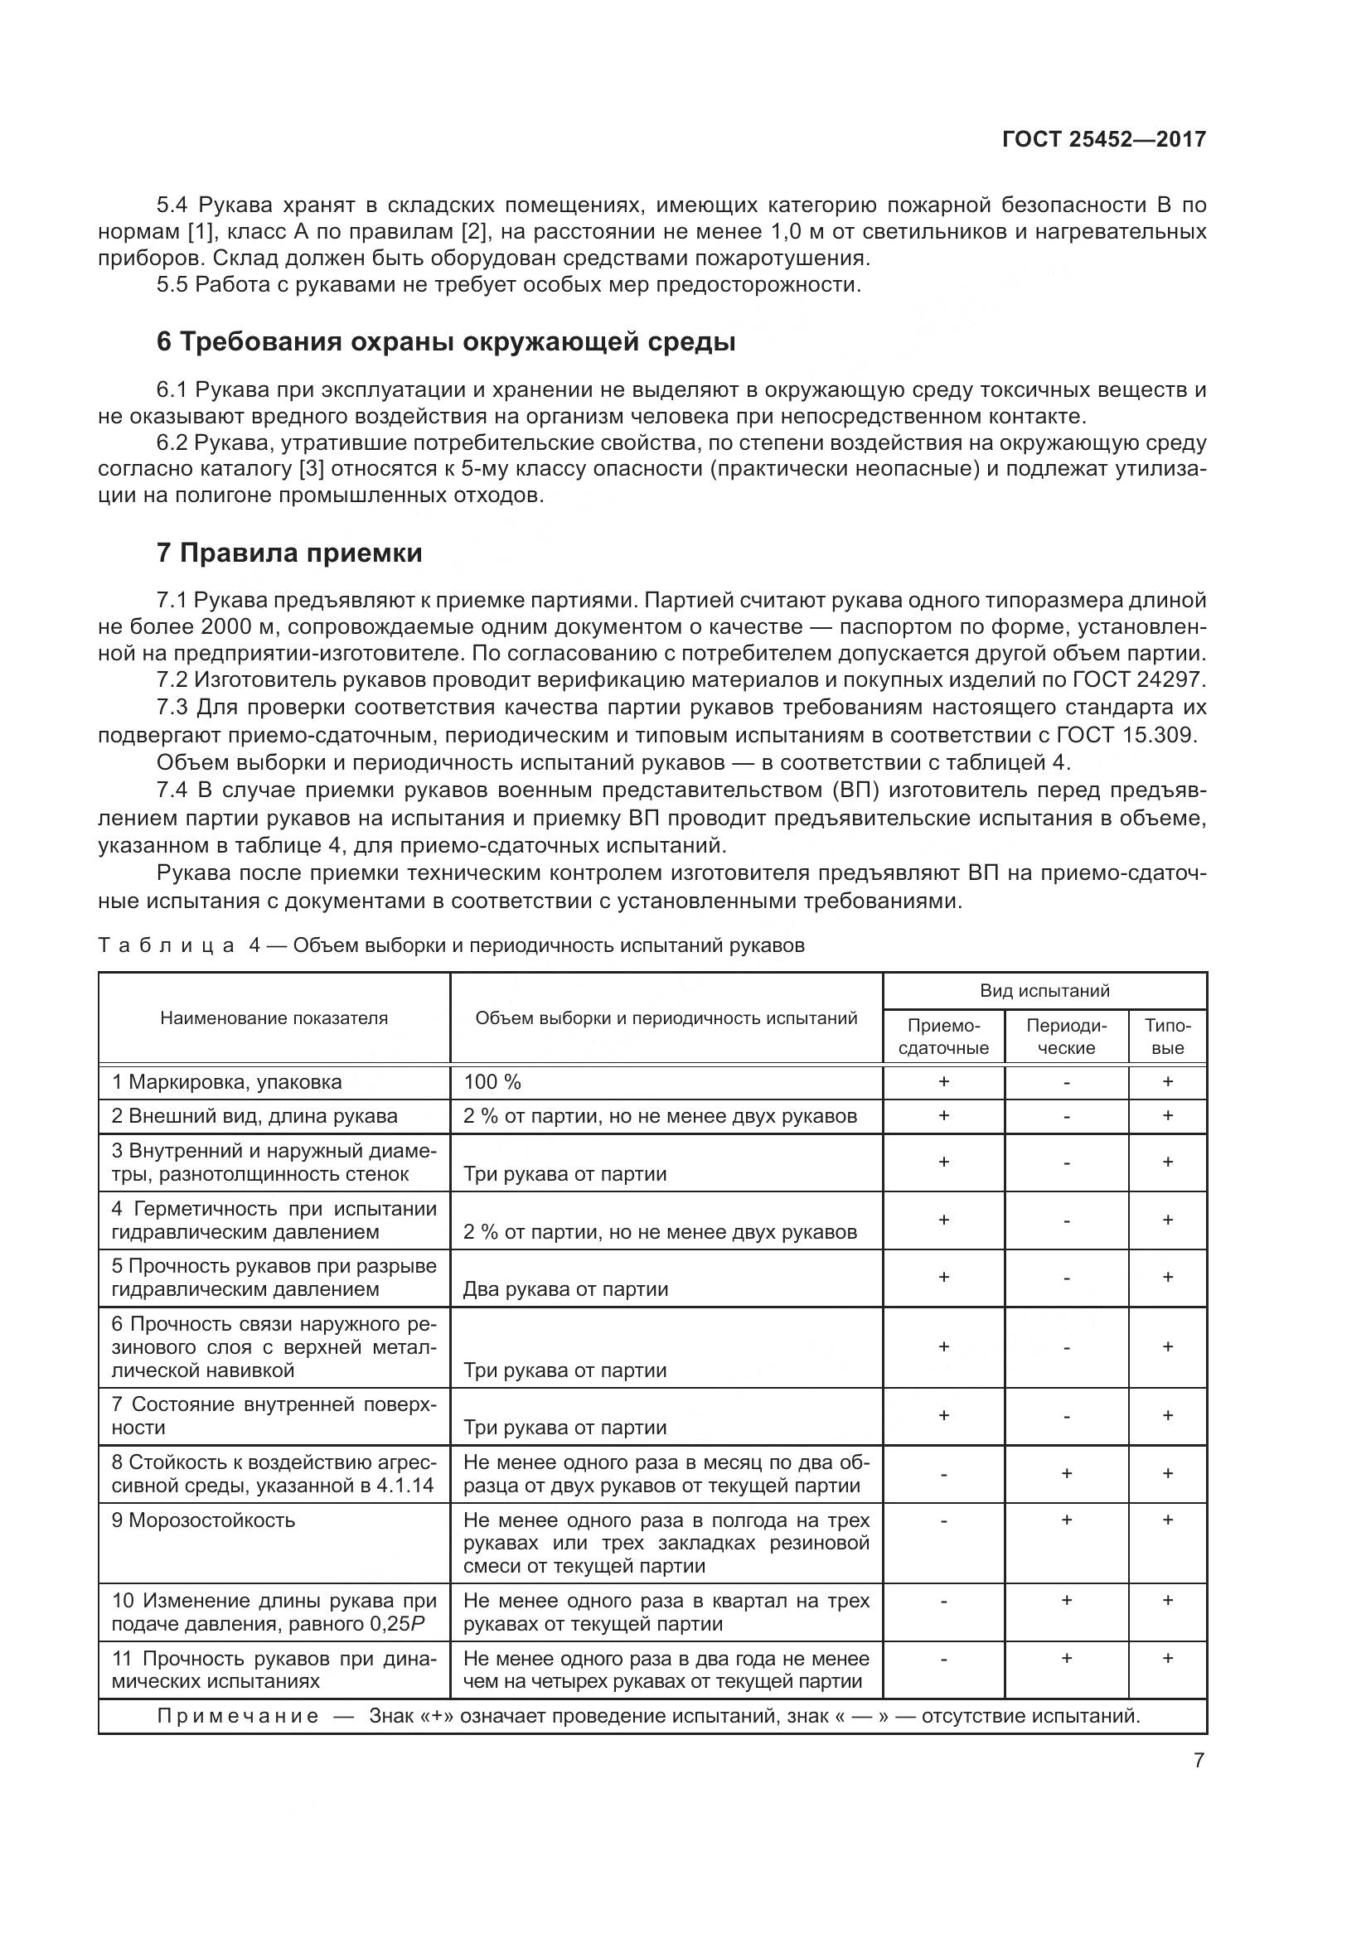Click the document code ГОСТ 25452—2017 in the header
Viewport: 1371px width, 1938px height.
pyautogui.click(x=1103, y=139)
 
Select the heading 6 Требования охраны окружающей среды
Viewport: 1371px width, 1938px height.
pyautogui.click(x=446, y=342)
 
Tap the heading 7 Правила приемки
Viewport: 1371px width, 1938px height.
pyautogui.click(x=289, y=553)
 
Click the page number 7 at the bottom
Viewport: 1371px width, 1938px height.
pyautogui.click(x=1199, y=1761)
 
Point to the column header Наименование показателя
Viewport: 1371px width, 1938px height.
pyautogui.click(x=274, y=1018)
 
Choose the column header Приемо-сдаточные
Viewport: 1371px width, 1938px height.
pyautogui.click(x=943, y=1037)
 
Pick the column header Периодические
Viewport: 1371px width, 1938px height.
pyautogui.click(x=1066, y=1037)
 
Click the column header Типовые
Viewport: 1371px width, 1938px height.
pyautogui.click(x=1168, y=1037)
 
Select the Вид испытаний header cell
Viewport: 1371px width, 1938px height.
pyautogui.click(x=1044, y=991)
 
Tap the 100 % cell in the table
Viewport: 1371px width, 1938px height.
pyautogui.click(x=492, y=1082)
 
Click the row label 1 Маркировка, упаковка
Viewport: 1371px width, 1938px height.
pyautogui.click(x=226, y=1082)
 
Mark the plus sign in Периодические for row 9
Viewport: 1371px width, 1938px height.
pyautogui.click(x=1066, y=1520)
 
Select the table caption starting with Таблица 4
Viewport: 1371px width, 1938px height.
pyautogui.click(x=451, y=945)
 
